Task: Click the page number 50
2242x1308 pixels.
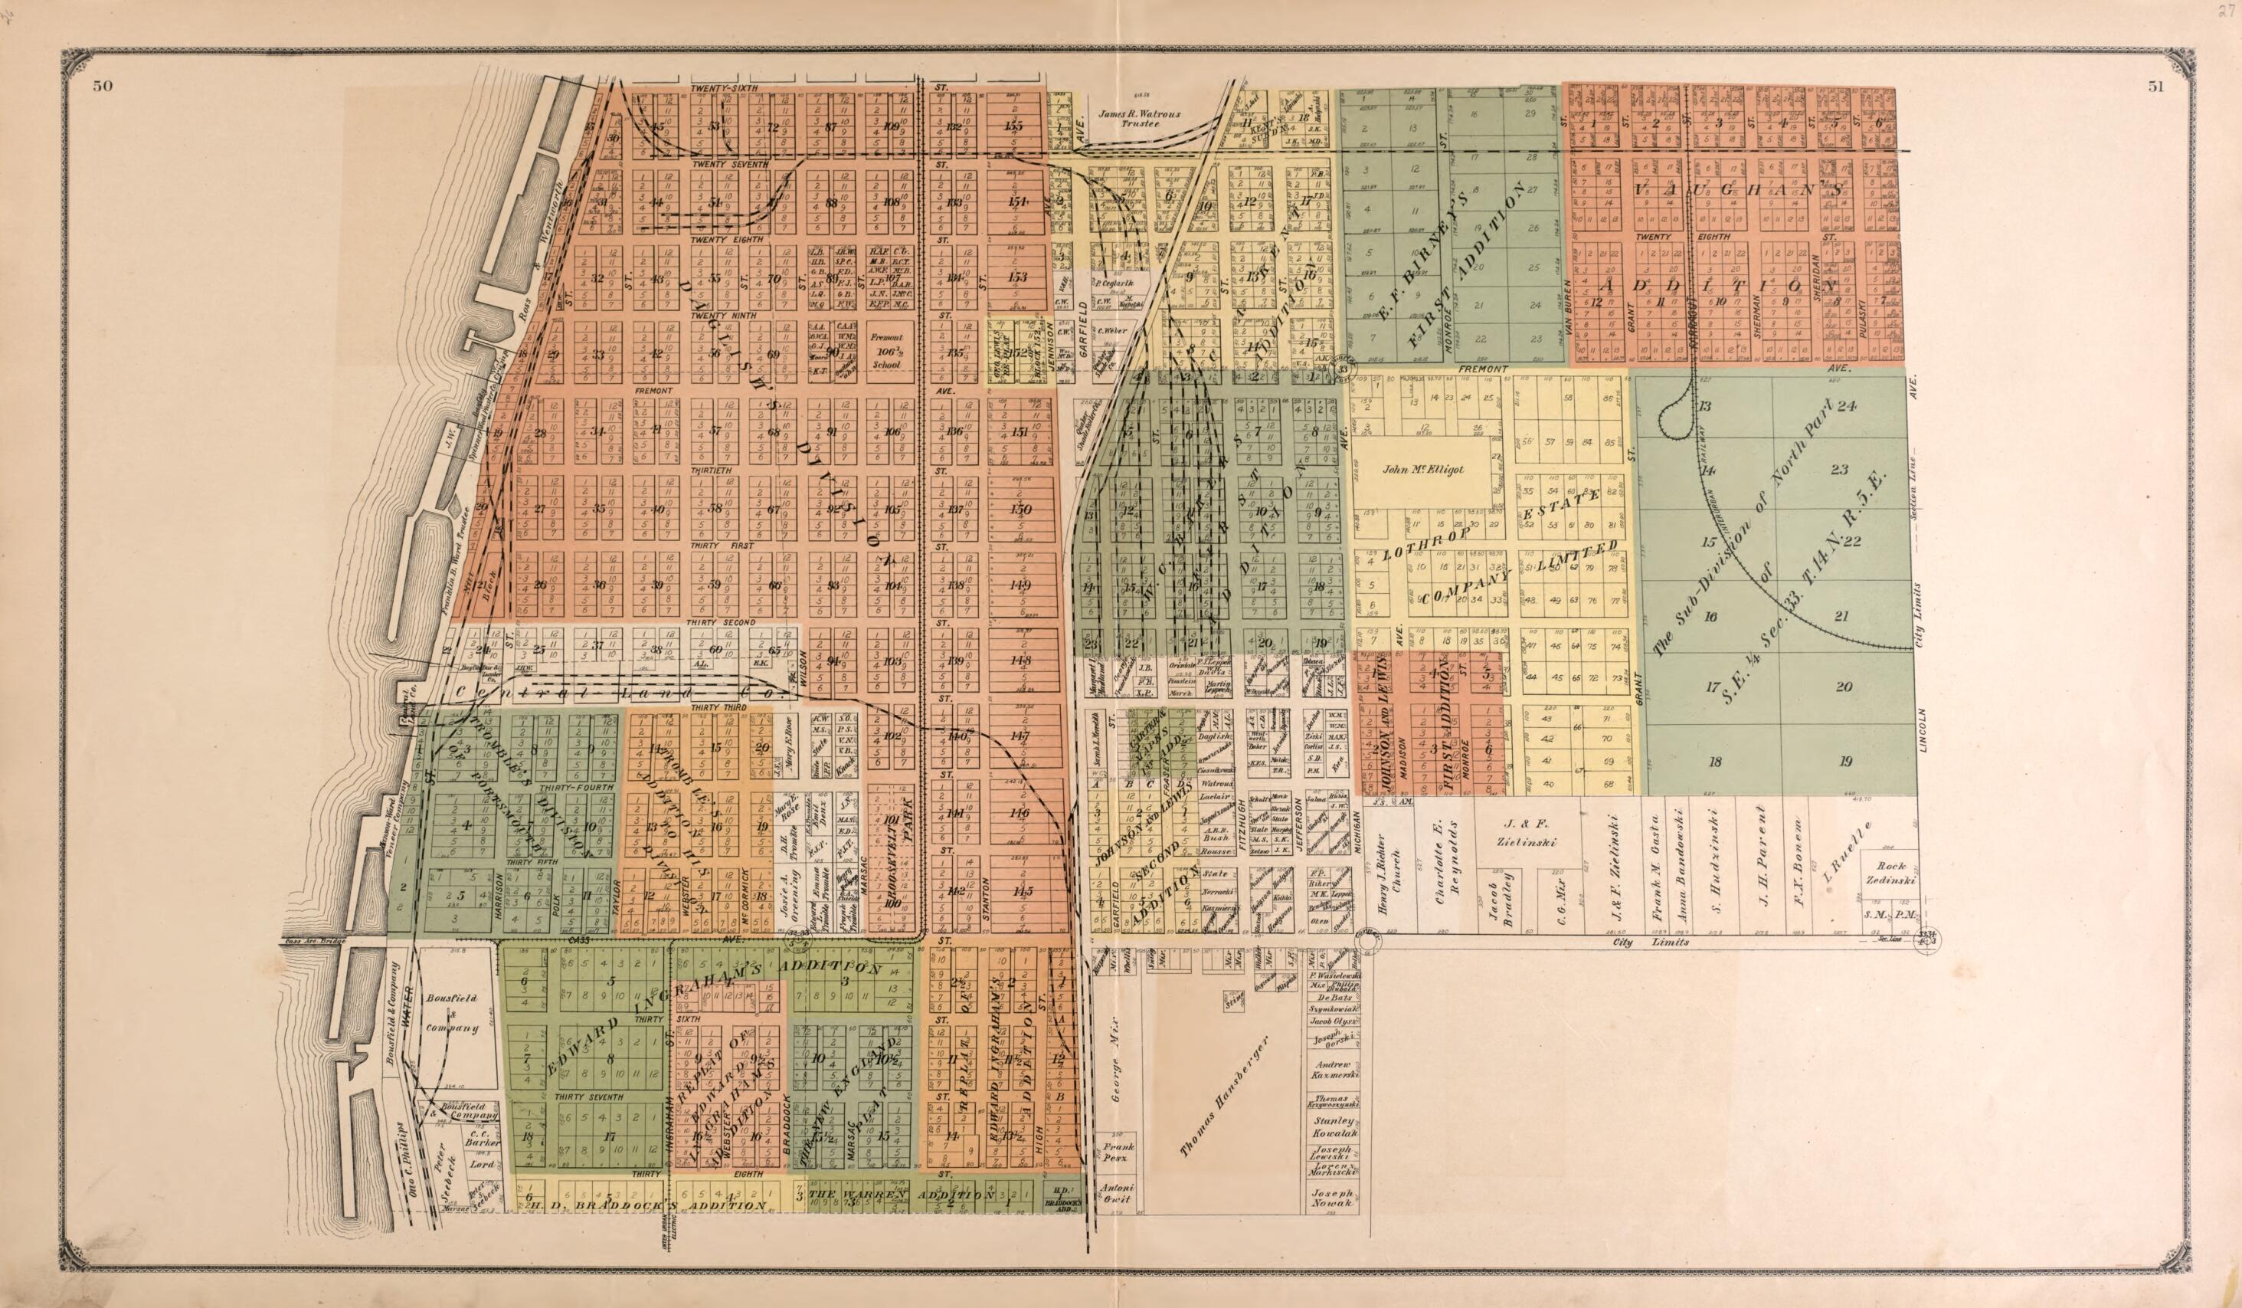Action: tap(100, 87)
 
